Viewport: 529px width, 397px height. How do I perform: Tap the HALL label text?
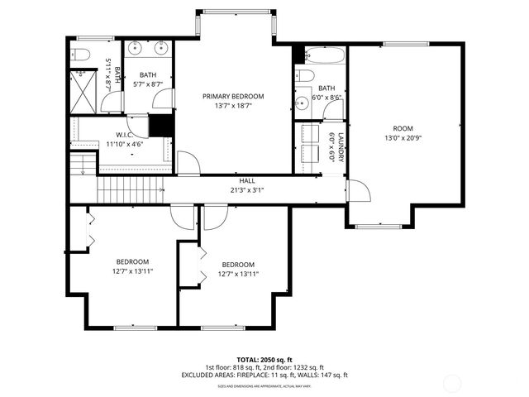247,180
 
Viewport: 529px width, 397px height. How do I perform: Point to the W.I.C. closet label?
125,135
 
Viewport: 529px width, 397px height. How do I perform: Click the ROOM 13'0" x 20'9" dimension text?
403,138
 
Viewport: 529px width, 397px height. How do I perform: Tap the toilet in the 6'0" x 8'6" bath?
303,77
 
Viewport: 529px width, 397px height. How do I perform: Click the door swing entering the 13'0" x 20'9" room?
359,191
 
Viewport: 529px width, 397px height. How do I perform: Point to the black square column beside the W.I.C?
160,126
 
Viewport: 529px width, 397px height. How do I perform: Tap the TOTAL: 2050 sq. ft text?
264,360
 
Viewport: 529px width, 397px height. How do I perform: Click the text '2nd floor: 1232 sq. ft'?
294,367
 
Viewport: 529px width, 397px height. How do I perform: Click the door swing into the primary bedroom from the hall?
188,163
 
